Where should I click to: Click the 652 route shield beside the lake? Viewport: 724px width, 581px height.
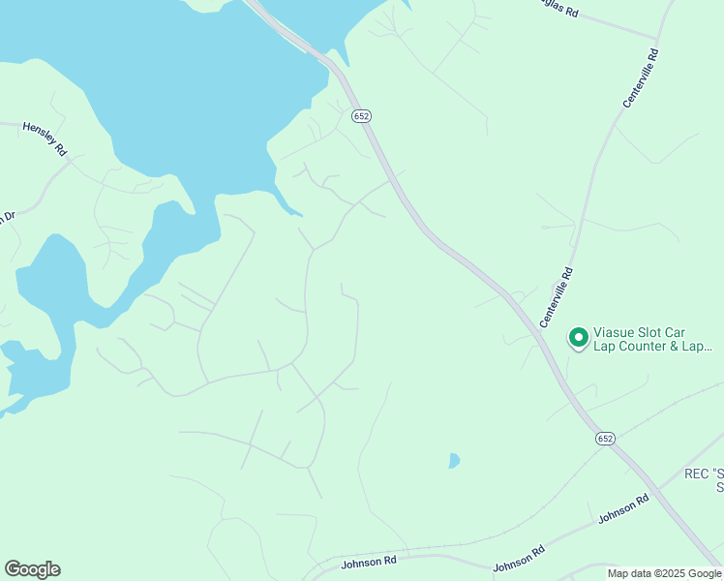(x=361, y=116)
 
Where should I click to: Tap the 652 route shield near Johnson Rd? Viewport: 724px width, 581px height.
(x=605, y=439)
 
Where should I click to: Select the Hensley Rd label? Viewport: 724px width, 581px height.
(x=45, y=138)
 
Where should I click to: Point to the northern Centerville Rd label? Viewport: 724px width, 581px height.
(x=640, y=78)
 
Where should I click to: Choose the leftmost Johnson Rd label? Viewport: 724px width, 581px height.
(x=370, y=561)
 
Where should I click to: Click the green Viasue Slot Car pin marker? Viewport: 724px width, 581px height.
(x=578, y=337)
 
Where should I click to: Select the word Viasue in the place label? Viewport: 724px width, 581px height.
(x=617, y=329)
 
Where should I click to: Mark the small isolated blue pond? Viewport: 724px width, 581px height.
(x=454, y=461)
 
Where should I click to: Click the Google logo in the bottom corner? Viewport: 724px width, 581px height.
(x=32, y=569)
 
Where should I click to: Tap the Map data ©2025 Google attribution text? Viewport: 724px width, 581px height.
(x=665, y=573)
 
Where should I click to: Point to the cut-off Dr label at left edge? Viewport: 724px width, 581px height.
(x=8, y=218)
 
